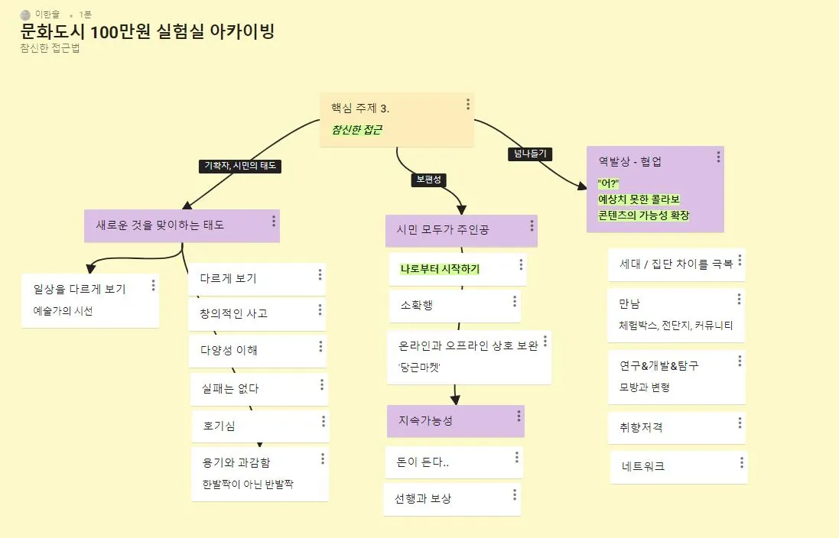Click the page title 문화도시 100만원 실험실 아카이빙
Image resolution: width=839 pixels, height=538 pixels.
(148, 32)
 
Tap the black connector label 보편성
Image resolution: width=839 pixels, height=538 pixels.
(428, 180)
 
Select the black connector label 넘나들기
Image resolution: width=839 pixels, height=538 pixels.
(530, 154)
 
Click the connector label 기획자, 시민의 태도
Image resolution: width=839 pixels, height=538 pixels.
(240, 165)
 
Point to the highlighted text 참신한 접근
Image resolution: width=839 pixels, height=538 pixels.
(356, 129)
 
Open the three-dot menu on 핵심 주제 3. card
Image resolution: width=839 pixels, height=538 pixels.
(468, 104)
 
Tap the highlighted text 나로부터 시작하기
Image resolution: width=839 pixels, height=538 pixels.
(440, 269)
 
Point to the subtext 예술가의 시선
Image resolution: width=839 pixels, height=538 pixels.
(63, 311)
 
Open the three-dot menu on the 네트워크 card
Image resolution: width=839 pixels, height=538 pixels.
(741, 463)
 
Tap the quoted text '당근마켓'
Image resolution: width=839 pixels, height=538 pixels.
(419, 367)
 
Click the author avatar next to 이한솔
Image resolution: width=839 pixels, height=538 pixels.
(26, 15)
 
